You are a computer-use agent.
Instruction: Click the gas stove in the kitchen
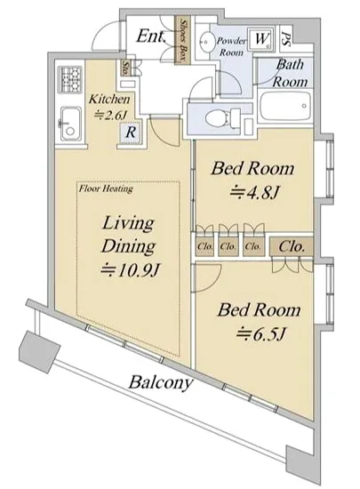70,79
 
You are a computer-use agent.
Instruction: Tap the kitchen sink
71,124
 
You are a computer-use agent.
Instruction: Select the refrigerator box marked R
131,132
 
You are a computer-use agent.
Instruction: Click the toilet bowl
223,118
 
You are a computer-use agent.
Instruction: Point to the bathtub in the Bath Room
285,107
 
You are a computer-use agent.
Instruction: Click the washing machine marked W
260,39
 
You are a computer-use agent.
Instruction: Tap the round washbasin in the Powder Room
205,40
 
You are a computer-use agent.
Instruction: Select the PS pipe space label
287,39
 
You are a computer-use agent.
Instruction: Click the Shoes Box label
183,40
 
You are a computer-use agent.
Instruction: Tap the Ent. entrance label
151,36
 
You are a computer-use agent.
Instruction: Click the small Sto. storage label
125,68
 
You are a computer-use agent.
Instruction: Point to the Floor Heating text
106,188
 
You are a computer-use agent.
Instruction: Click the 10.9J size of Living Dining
130,270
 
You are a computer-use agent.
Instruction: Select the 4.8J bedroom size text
253,193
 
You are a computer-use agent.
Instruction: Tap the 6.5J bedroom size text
260,334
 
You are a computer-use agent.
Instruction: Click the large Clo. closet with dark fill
292,246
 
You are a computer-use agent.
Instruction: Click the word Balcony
160,382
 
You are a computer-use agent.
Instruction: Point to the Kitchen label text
109,100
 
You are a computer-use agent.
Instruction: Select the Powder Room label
232,46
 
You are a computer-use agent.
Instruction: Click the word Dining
128,246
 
